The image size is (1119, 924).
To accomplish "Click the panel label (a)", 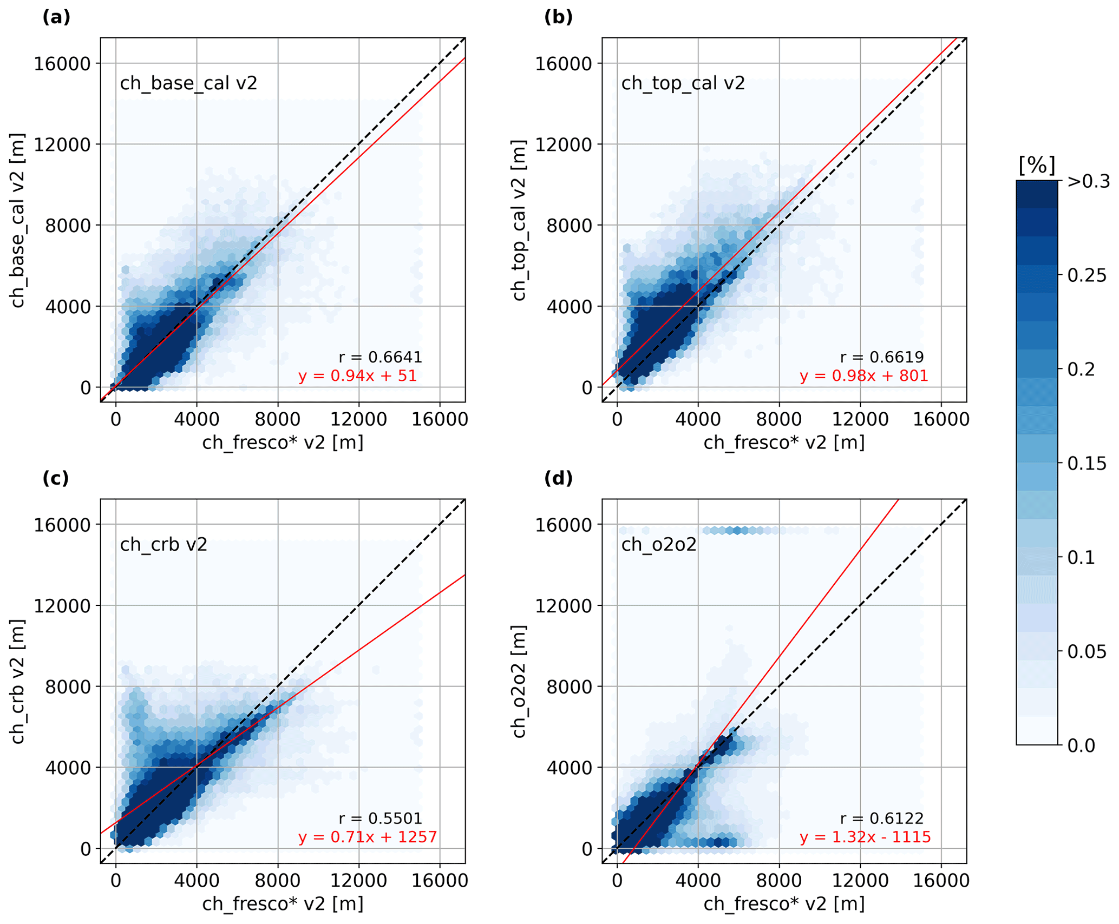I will [56, 18].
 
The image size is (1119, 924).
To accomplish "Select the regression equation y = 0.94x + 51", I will [357, 375].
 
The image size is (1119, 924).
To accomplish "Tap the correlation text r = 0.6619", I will [882, 357].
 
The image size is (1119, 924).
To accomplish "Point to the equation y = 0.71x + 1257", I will [367, 837].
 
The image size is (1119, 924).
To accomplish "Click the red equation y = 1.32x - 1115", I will [865, 837].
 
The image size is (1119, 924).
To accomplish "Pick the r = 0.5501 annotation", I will [380, 819].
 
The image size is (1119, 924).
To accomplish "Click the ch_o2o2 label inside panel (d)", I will [658, 544].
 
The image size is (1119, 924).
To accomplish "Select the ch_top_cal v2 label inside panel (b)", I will [683, 83].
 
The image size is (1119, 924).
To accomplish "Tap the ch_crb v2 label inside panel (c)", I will [163, 544].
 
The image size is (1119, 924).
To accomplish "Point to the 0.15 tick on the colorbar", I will [1087, 464].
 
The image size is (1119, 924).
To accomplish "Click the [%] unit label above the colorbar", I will [1037, 165].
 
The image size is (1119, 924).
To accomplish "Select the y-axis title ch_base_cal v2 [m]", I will [18, 220].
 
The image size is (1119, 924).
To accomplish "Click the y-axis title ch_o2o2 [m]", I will [519, 682].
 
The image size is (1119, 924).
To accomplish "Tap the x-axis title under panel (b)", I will [784, 443].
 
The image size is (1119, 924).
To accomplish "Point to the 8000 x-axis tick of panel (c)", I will [278, 881].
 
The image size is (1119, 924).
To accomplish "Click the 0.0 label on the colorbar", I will [1081, 746].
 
